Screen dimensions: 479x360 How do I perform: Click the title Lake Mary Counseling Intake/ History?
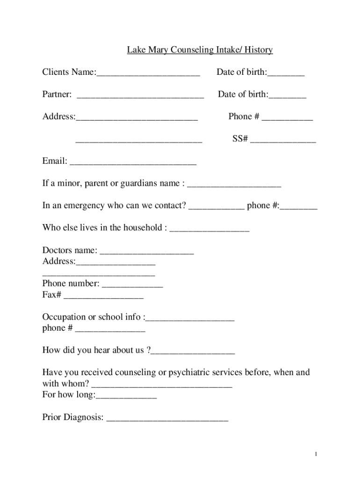(200, 50)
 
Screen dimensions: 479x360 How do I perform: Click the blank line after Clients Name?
(148, 74)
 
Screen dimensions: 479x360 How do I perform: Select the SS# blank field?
(283, 141)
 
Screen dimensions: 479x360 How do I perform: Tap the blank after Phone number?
(132, 286)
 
